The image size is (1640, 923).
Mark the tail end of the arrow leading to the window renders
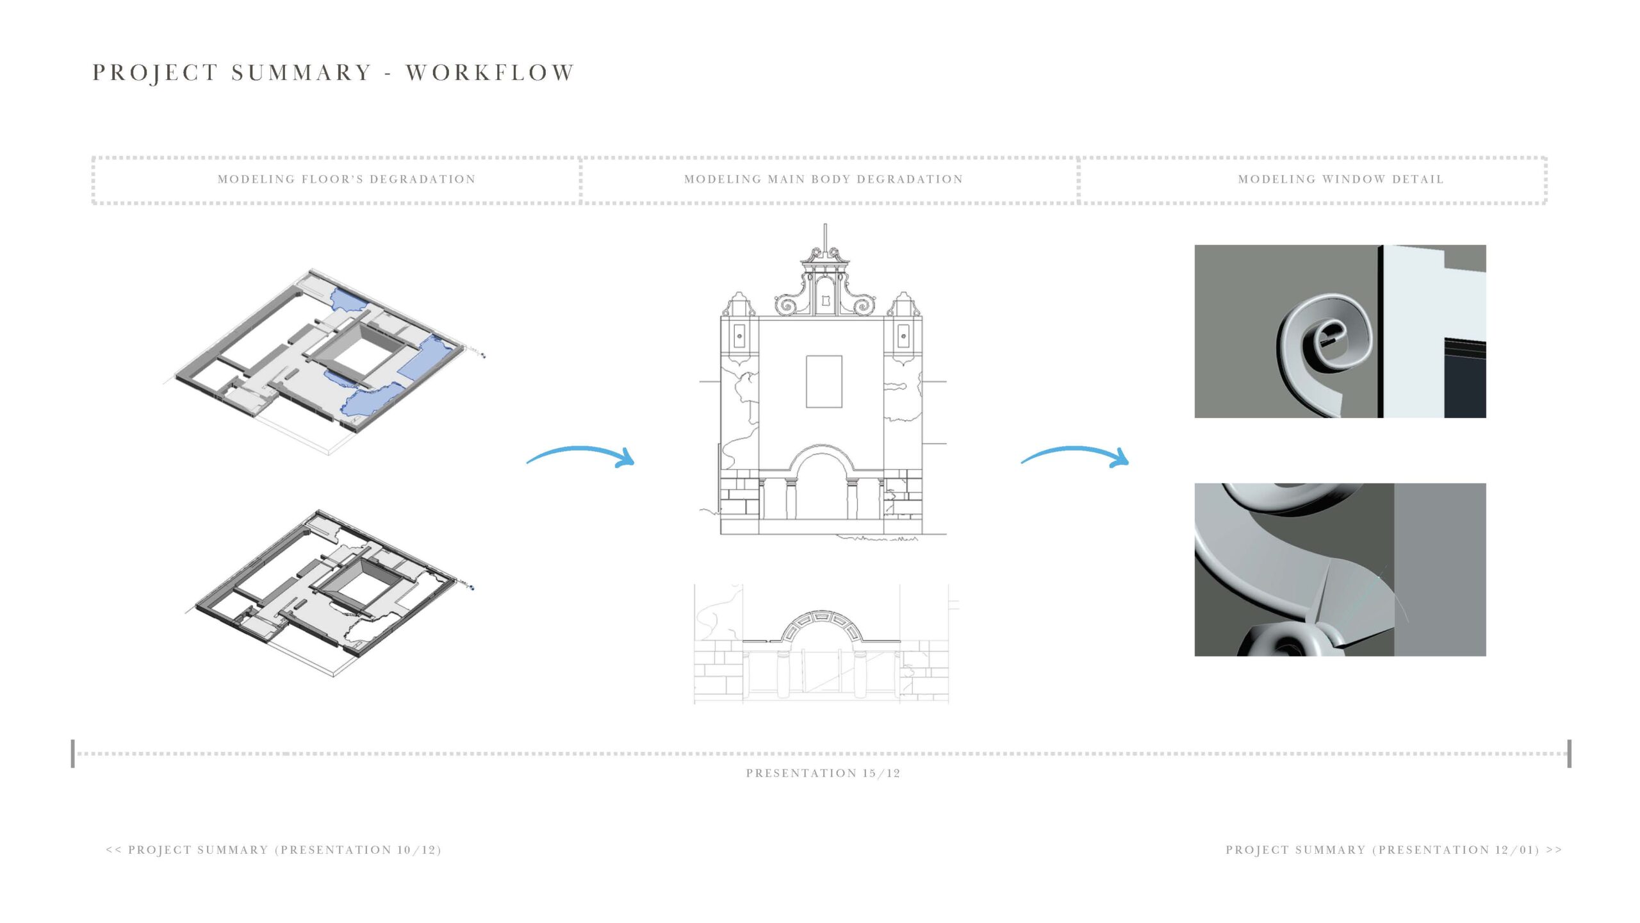(x=1022, y=462)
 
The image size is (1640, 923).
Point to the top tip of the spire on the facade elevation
(x=825, y=224)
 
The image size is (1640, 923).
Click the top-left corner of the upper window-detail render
(x=1195, y=245)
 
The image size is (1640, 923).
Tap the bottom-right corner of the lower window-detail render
(x=1486, y=656)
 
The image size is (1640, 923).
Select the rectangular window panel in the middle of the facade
(x=824, y=381)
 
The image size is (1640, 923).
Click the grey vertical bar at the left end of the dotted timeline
(x=73, y=753)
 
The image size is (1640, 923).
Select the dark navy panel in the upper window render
(x=1465, y=378)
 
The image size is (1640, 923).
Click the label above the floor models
(x=347, y=179)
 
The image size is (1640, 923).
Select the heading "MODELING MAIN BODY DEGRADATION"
(x=824, y=179)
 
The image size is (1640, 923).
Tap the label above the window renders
(x=1341, y=179)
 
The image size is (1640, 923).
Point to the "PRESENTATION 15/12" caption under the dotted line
(x=823, y=773)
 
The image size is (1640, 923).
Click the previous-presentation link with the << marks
(x=274, y=850)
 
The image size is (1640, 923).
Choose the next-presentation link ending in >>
(x=1394, y=850)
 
